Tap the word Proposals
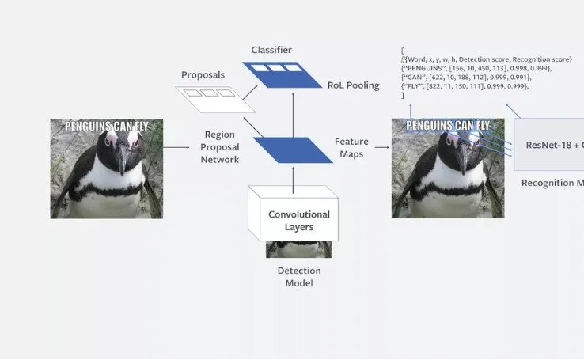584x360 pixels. [203, 75]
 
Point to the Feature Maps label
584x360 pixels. [351, 147]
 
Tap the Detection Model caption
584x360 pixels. [293, 276]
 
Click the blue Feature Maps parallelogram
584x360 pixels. [293, 150]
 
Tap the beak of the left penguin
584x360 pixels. [120, 159]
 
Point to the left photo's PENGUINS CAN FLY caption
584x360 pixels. [106, 125]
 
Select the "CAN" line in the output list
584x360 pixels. [467, 78]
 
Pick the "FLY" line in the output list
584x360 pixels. [465, 86]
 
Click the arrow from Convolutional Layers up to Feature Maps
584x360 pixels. [293, 179]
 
